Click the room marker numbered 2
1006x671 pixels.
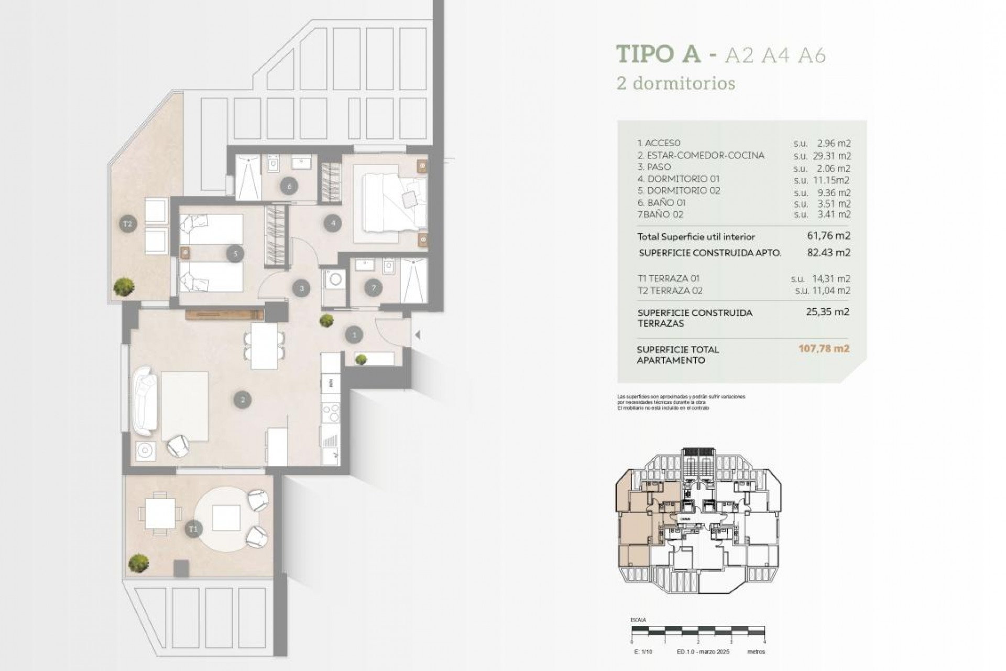243,400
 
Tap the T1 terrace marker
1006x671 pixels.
193,529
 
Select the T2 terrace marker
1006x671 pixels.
127,224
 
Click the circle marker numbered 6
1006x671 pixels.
289,185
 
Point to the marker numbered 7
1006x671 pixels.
374,287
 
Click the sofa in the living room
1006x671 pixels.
145,401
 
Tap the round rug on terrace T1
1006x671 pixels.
226,518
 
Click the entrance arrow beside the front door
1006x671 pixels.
418,334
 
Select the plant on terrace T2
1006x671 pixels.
124,287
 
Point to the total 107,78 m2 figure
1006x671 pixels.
824,349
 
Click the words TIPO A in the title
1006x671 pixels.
658,54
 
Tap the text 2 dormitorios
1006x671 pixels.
676,83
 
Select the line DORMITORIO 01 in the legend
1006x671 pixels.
679,179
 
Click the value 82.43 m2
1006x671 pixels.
828,252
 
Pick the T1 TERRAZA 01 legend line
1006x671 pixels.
669,278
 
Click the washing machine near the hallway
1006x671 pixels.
334,279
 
